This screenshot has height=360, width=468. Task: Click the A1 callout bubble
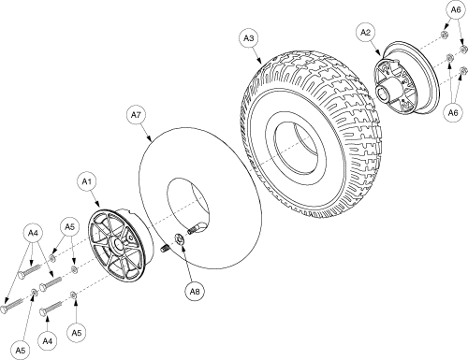click(86, 181)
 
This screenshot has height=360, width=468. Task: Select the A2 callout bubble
click(365, 33)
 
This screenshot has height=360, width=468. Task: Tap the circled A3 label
click(249, 38)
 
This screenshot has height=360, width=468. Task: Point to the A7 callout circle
click(136, 115)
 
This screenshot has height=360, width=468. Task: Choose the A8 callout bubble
click(195, 292)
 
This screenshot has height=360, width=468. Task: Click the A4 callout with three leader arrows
click(33, 233)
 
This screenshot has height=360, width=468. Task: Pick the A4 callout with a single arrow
click(47, 341)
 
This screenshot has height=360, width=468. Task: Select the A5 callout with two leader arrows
click(69, 227)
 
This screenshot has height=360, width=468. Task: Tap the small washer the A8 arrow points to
click(180, 239)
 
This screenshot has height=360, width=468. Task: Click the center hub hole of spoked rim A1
click(117, 245)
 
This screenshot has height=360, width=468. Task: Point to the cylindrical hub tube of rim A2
click(387, 92)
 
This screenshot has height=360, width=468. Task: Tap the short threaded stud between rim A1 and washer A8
click(166, 249)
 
